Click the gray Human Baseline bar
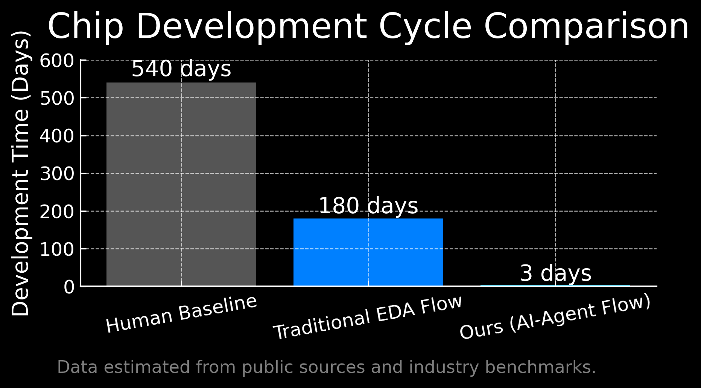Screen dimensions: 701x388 (x=181, y=184)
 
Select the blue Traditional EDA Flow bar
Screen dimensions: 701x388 (x=368, y=252)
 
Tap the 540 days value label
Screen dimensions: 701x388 (x=181, y=69)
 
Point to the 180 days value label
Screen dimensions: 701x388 (x=368, y=206)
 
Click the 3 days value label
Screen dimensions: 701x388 (x=555, y=273)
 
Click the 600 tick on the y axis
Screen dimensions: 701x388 (x=57, y=61)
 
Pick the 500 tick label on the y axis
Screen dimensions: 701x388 (x=57, y=99)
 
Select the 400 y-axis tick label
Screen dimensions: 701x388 (x=57, y=136)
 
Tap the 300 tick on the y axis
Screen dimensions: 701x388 (x=57, y=174)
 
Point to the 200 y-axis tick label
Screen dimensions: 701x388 (x=57, y=212)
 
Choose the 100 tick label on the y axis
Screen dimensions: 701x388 (x=57, y=250)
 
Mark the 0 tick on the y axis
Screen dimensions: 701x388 (x=69, y=287)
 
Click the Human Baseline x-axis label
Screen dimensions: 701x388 (x=181, y=314)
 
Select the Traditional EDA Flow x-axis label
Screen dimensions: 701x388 (x=368, y=318)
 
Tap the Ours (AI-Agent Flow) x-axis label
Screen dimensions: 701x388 (x=555, y=318)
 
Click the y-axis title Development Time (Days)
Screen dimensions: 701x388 (x=20, y=173)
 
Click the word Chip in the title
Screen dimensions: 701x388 (x=86, y=26)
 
